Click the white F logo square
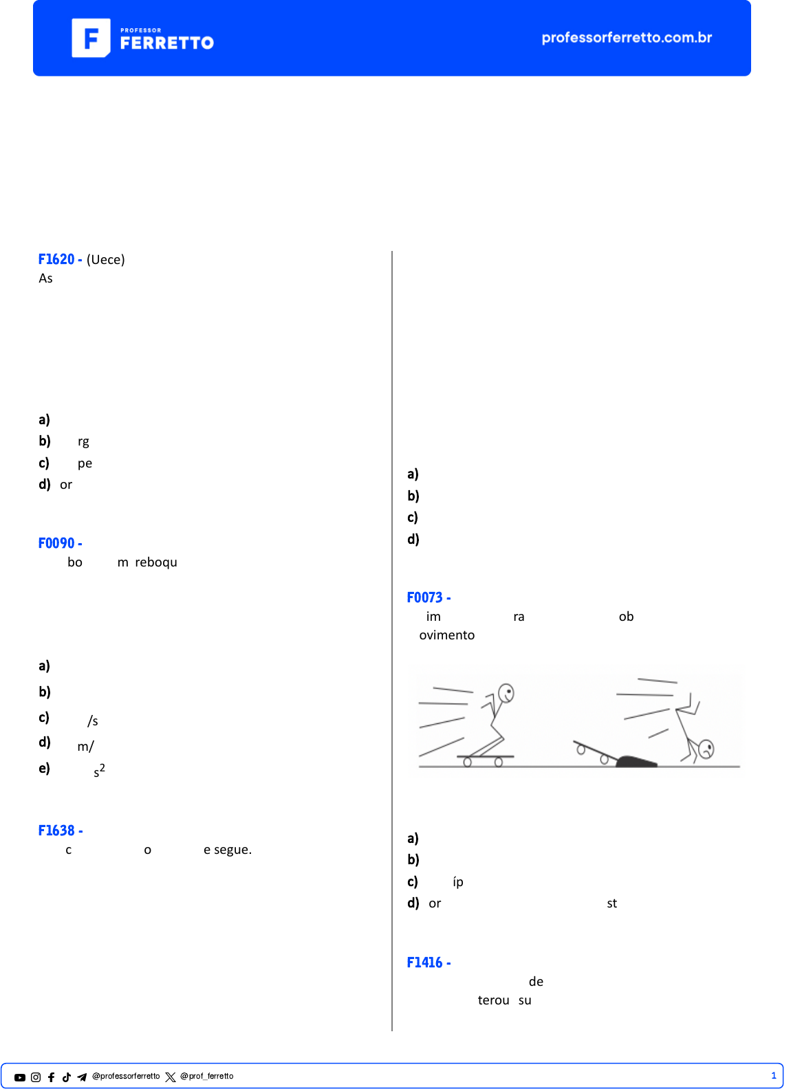coord(91,38)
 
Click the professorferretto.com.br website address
coord(627,38)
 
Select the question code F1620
coord(56,259)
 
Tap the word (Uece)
coord(105,260)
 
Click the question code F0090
coord(56,543)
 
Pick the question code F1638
coord(56,830)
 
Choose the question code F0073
coord(424,597)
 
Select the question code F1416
coord(424,962)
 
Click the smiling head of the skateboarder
coord(506,693)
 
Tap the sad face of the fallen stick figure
coord(706,749)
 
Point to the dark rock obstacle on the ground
coord(636,761)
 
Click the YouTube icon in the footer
coord(20,1077)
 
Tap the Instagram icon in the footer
coord(36,1077)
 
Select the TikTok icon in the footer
coord(67,1077)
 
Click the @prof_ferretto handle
coord(207,1077)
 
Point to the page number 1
coord(773,1076)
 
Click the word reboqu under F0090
coord(156,562)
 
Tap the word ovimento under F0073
coord(447,635)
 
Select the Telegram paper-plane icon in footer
coord(82,1077)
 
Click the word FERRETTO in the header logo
coord(167,43)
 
